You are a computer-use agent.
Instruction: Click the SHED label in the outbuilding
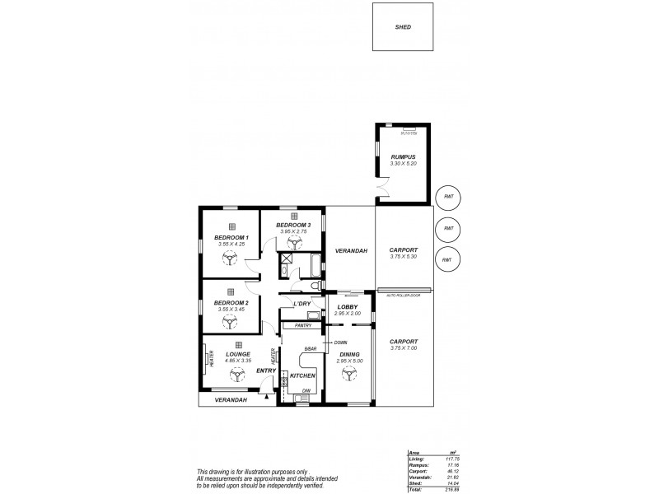tap(403, 27)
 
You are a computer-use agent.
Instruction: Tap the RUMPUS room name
tap(402, 156)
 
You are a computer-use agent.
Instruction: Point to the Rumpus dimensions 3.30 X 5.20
tap(402, 164)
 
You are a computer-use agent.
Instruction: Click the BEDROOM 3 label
tap(292, 225)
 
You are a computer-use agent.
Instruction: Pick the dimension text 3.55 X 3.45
tap(231, 310)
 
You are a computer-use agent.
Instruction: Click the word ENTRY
tap(265, 370)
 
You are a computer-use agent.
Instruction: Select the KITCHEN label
tap(302, 375)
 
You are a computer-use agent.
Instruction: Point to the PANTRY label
tap(302, 325)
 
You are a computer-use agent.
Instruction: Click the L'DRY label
tap(301, 304)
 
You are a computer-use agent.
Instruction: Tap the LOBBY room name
tap(346, 306)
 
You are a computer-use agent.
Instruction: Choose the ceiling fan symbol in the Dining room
tap(348, 373)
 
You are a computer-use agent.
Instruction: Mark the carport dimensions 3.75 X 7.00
tap(404, 347)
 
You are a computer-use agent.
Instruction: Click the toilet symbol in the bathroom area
tap(315, 285)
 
